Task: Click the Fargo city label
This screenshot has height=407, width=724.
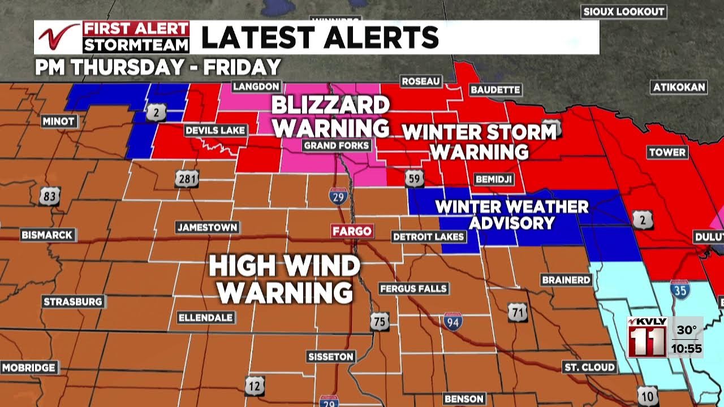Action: (352, 231)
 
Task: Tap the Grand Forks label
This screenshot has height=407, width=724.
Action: (337, 145)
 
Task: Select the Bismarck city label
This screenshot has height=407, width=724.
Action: (48, 235)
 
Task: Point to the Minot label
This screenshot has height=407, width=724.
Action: (59, 121)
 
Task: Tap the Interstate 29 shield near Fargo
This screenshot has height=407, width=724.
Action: (338, 196)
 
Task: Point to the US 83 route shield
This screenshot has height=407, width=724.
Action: (49, 196)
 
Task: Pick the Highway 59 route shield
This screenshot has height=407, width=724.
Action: (414, 179)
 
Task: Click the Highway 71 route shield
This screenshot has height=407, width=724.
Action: (517, 312)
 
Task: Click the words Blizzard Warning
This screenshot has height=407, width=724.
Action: (331, 116)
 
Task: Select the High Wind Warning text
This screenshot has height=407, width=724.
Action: (285, 279)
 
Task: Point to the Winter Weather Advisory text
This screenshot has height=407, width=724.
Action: (512, 214)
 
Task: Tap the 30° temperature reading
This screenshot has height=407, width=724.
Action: (687, 330)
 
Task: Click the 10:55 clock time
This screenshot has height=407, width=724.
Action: (687, 349)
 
